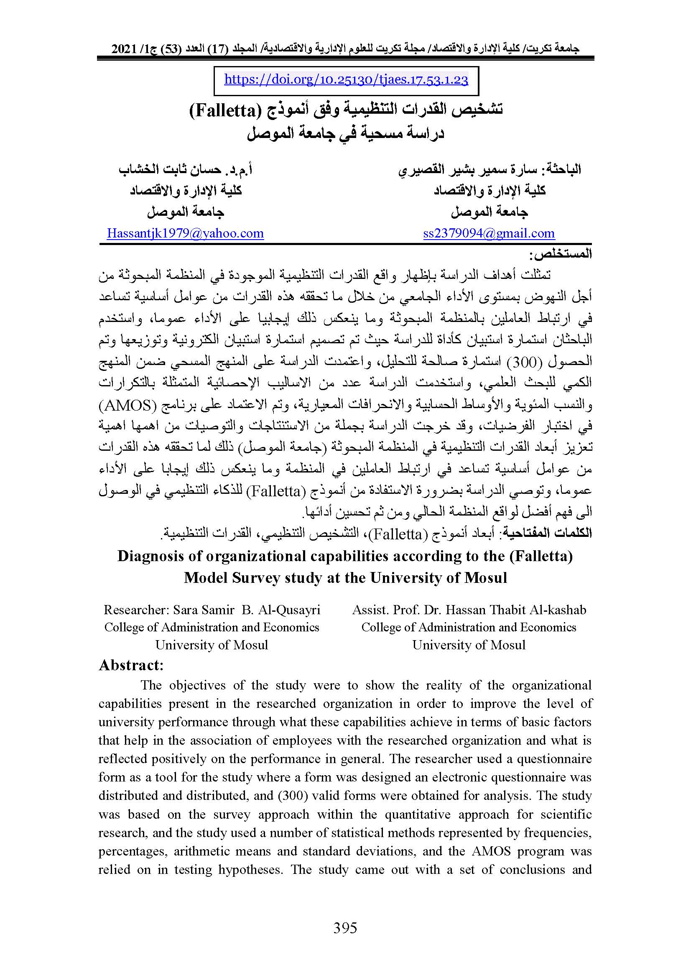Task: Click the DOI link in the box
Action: pos(346,80)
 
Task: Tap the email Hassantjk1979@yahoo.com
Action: pos(185,233)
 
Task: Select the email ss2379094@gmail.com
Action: pos(489,233)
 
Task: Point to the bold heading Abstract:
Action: pos(131,665)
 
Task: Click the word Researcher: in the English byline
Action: pos(136,610)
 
